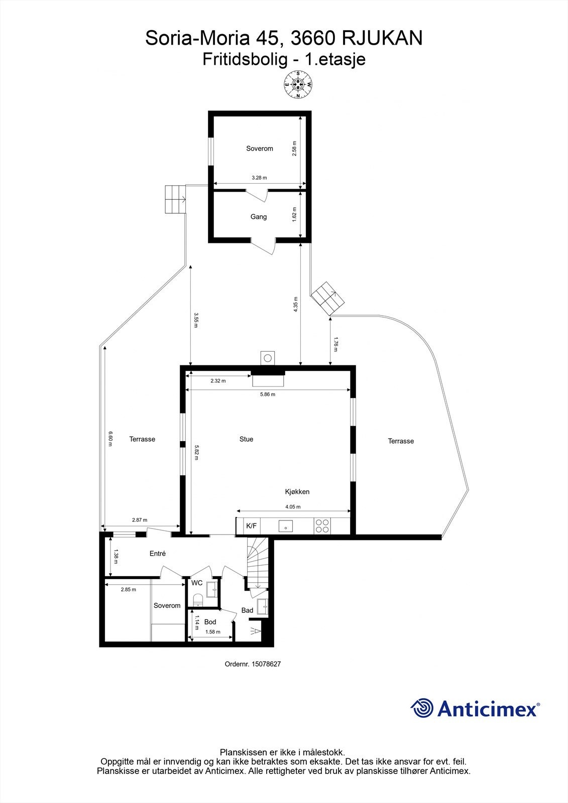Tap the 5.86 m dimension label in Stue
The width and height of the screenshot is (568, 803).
click(267, 394)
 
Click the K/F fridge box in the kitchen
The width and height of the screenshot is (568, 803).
click(251, 526)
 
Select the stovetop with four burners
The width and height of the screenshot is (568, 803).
click(322, 526)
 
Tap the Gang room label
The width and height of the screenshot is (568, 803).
click(259, 217)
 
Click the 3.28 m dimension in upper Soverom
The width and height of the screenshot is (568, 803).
click(259, 178)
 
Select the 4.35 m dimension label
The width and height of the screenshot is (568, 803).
click(296, 304)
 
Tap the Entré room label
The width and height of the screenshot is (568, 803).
click(158, 554)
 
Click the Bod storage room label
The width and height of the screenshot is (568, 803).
click(210, 622)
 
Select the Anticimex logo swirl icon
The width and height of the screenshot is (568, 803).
click(422, 708)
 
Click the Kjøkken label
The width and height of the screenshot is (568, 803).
click(297, 492)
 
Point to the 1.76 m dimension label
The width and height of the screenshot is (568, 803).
click(335, 344)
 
